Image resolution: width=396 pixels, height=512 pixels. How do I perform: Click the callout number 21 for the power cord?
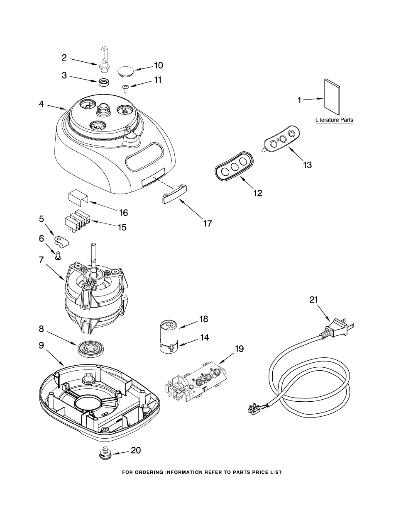314,300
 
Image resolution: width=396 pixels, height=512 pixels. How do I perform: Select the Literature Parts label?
334,120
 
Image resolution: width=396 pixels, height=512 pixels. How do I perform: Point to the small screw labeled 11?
125,89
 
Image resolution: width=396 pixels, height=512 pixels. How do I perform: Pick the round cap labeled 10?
125,71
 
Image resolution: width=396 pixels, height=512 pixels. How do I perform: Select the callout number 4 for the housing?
41,104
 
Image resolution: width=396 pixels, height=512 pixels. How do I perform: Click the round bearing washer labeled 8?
91,348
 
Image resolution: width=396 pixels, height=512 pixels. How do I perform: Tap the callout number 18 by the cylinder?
204,319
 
